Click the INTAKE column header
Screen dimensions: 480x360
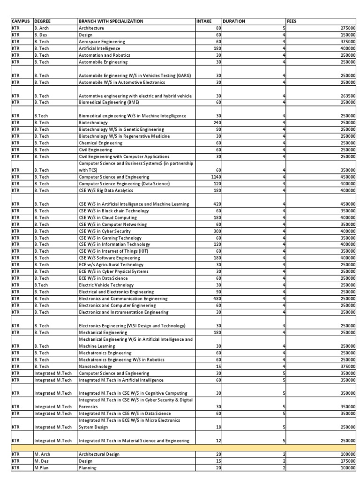[x=204, y=21]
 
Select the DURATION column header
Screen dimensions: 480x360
[x=233, y=21]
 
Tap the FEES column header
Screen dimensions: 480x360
[x=292, y=21]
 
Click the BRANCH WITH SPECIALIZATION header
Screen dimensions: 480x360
[x=111, y=21]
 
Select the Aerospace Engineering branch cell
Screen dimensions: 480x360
[x=102, y=42]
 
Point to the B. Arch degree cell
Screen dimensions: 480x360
[x=41, y=28]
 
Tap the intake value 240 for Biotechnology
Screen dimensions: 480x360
[x=216, y=122]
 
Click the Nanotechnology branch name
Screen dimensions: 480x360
[x=95, y=366]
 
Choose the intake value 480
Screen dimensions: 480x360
[x=216, y=299]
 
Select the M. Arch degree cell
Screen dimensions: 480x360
[x=42, y=454]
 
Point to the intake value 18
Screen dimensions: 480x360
[x=217, y=427]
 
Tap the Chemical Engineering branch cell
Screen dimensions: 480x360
[x=98, y=143]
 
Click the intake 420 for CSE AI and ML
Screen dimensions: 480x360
[x=216, y=204]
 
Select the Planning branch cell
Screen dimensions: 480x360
[x=88, y=468]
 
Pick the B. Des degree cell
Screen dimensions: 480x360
[x=41, y=35]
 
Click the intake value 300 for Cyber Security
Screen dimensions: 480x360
[x=216, y=231]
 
